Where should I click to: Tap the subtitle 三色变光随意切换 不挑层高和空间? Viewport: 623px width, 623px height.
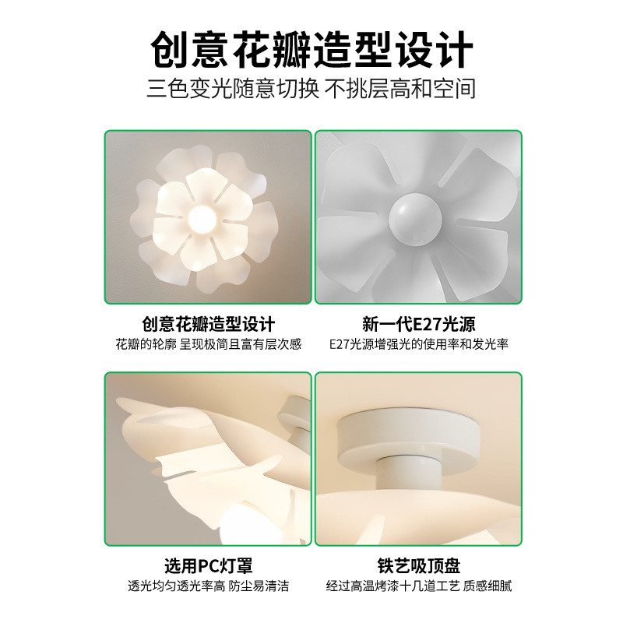pos(311,88)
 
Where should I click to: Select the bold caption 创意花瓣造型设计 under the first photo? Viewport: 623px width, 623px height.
pos(209,324)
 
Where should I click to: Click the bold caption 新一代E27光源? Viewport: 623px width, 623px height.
pos(418,324)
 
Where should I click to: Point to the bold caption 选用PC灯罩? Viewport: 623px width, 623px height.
pos(209,566)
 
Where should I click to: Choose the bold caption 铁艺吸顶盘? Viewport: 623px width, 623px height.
pos(418,566)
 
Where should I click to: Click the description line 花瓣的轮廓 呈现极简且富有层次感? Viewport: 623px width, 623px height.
pos(209,343)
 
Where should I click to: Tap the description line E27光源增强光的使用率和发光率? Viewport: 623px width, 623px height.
pos(418,343)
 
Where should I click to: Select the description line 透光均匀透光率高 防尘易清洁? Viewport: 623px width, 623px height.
pos(209,586)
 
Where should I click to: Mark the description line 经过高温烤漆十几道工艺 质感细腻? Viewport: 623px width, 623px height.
pos(418,586)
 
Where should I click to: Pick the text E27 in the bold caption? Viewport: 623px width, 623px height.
pos(427,324)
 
